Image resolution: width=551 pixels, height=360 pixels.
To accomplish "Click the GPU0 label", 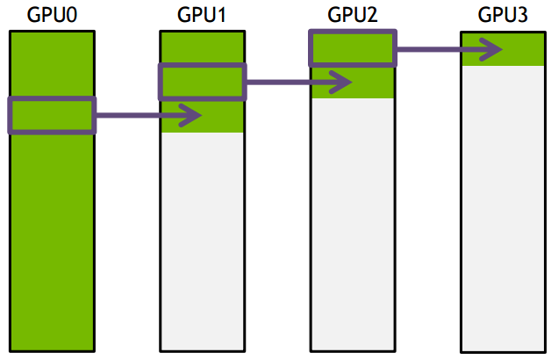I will click(x=51, y=15).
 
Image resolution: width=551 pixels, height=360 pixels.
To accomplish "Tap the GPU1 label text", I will click(x=202, y=15).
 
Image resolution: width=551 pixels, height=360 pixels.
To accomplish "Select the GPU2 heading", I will click(x=352, y=15).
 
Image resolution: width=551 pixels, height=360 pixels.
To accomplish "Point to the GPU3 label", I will click(x=503, y=15).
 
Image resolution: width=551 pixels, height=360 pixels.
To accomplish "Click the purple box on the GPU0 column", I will click(x=51, y=115).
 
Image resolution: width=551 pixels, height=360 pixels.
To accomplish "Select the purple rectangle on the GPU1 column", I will click(x=202, y=82).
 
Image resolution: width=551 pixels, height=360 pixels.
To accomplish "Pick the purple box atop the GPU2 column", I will click(x=352, y=47).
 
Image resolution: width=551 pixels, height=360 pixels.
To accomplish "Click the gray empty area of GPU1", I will click(x=202, y=237).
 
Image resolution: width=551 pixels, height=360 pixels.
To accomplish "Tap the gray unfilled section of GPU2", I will click(x=352, y=220).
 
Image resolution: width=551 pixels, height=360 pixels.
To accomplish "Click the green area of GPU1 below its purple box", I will click(x=202, y=119).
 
